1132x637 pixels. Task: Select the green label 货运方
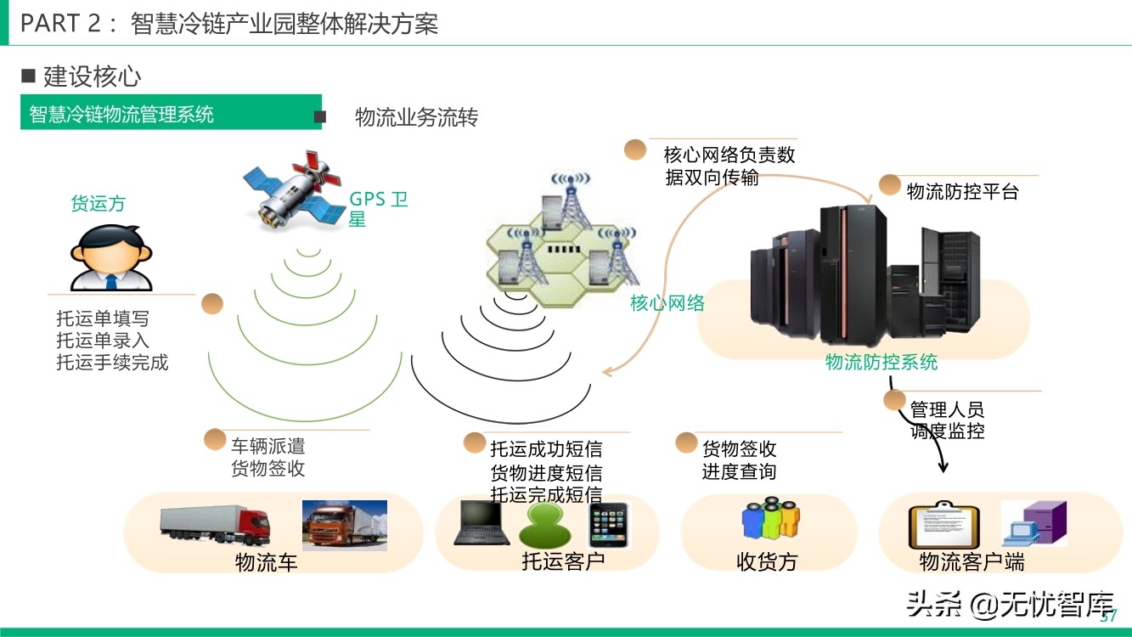pyautogui.click(x=98, y=203)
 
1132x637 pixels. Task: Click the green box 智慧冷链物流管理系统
pyautogui.click(x=171, y=113)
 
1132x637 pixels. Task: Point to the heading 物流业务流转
pyautogui.click(x=416, y=117)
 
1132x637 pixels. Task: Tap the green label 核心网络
pyautogui.click(x=667, y=303)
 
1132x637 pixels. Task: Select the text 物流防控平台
pyautogui.click(x=962, y=191)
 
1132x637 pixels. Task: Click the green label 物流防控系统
pyautogui.click(x=881, y=362)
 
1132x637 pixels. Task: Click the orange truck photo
pyautogui.click(x=345, y=525)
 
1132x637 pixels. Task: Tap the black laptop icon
pyautogui.click(x=481, y=523)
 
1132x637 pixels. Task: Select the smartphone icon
pyautogui.click(x=609, y=525)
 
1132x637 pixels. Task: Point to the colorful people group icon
pyautogui.click(x=770, y=519)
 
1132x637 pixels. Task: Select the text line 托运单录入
pyautogui.click(x=103, y=341)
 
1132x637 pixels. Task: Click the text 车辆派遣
pyautogui.click(x=268, y=446)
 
